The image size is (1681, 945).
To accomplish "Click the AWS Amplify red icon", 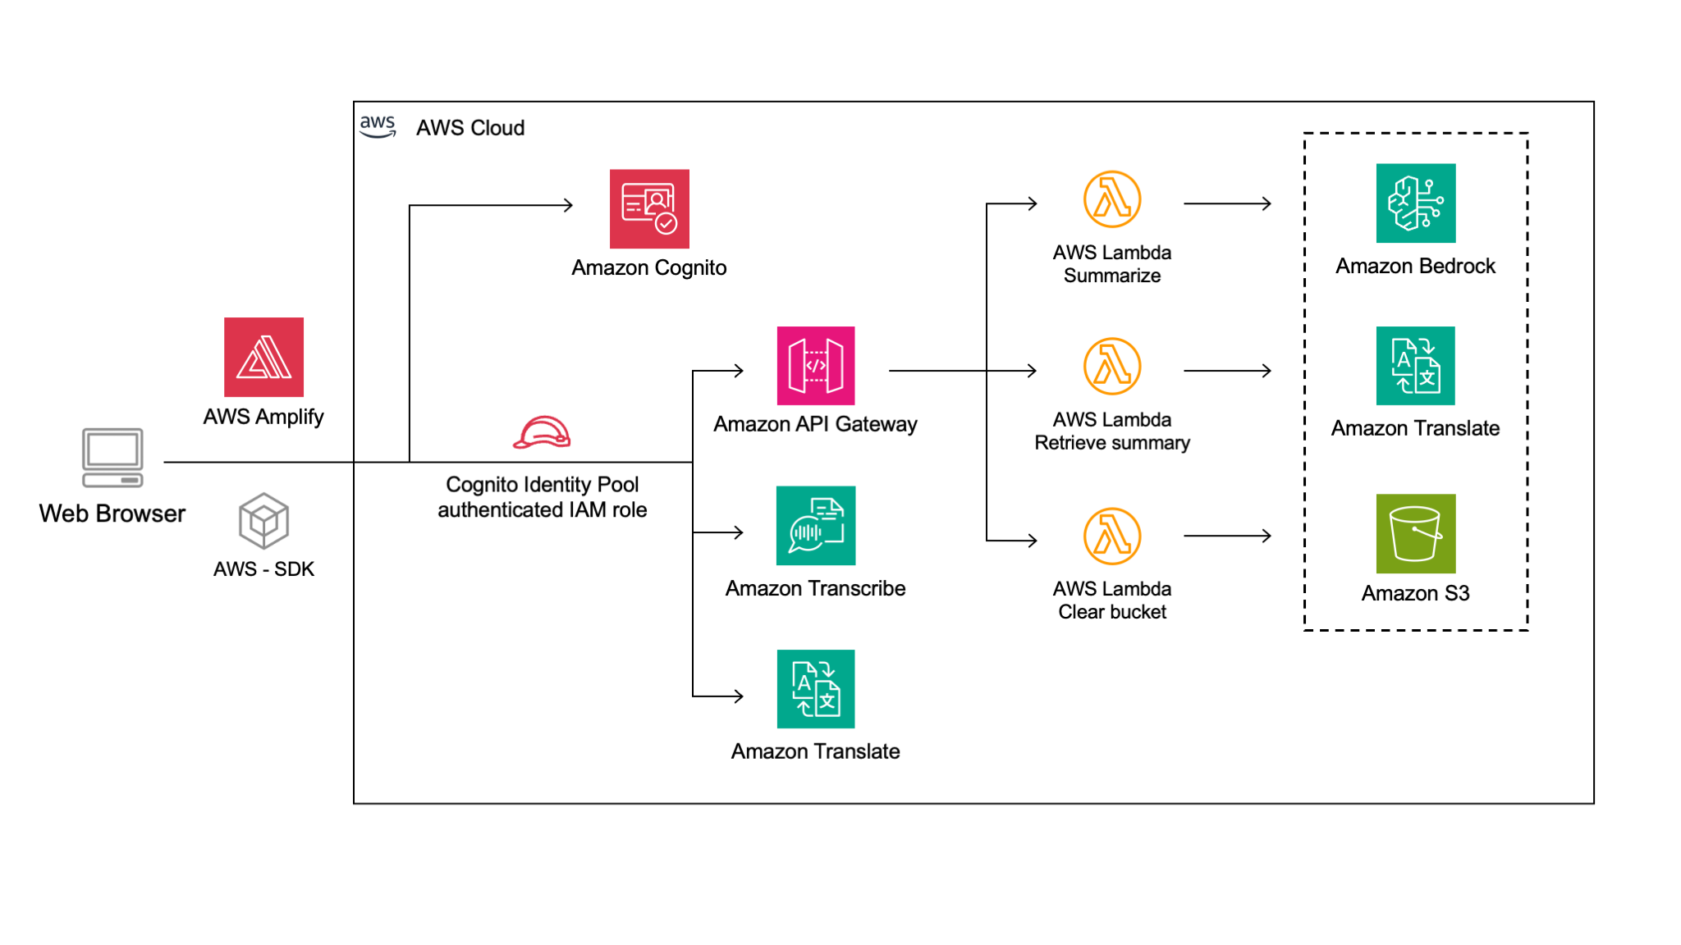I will coord(263,357).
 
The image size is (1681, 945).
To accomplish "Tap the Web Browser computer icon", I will coord(112,457).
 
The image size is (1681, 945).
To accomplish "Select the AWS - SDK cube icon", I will coord(263,520).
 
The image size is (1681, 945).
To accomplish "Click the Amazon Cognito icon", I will coord(649,208).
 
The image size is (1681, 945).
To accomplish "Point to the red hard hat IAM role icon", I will coord(542,432).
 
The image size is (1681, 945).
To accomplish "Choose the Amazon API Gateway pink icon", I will coord(815,365).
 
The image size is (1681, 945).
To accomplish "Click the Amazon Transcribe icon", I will coord(815,525).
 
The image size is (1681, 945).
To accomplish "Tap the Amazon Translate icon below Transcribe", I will coord(815,688).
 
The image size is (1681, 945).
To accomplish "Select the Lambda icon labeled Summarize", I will coord(1111,199).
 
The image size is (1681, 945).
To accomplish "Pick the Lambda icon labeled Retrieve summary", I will coord(1111,367).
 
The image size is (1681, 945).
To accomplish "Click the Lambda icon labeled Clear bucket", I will coord(1111,536).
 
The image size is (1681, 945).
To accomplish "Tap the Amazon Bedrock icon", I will coord(1415,203).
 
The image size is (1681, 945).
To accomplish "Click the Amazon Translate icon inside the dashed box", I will coord(1415,365).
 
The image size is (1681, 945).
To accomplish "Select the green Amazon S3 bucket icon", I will coord(1415,533).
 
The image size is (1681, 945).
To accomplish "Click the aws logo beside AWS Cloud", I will coord(378,126).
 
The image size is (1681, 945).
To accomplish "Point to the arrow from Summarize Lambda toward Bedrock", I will coord(1227,203).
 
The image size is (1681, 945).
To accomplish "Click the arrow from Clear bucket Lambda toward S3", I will coord(1227,536).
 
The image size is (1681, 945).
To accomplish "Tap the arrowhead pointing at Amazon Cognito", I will coord(568,205).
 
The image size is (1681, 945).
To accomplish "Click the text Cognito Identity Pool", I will coord(542,484).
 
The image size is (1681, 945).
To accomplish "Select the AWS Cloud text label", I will coord(470,128).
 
